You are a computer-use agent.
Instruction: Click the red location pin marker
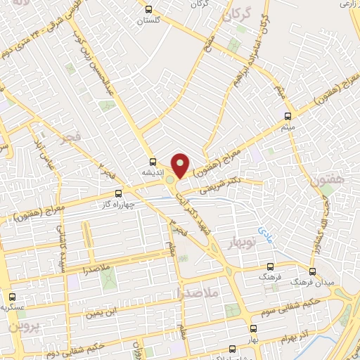click(x=181, y=165)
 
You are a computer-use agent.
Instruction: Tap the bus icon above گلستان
click(x=148, y=9)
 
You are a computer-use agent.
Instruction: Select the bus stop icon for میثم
click(x=287, y=116)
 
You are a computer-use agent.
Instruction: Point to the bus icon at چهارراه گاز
click(x=118, y=193)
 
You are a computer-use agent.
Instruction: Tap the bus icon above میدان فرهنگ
click(x=312, y=271)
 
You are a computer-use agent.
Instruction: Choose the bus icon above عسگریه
click(x=12, y=297)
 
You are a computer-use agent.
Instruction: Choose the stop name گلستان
click(x=149, y=20)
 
